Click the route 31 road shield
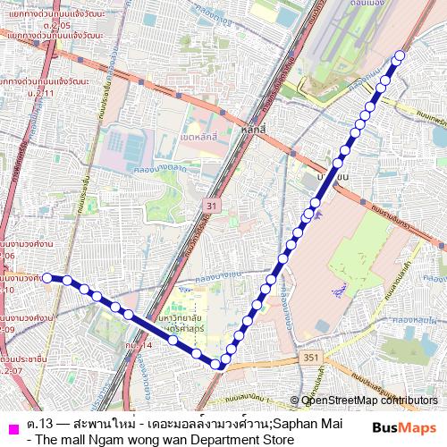(211, 206)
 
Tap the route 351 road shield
(310, 358)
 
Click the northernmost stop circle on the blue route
(399, 56)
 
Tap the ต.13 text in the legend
(38, 423)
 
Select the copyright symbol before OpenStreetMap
(296, 401)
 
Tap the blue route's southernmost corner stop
(216, 363)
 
